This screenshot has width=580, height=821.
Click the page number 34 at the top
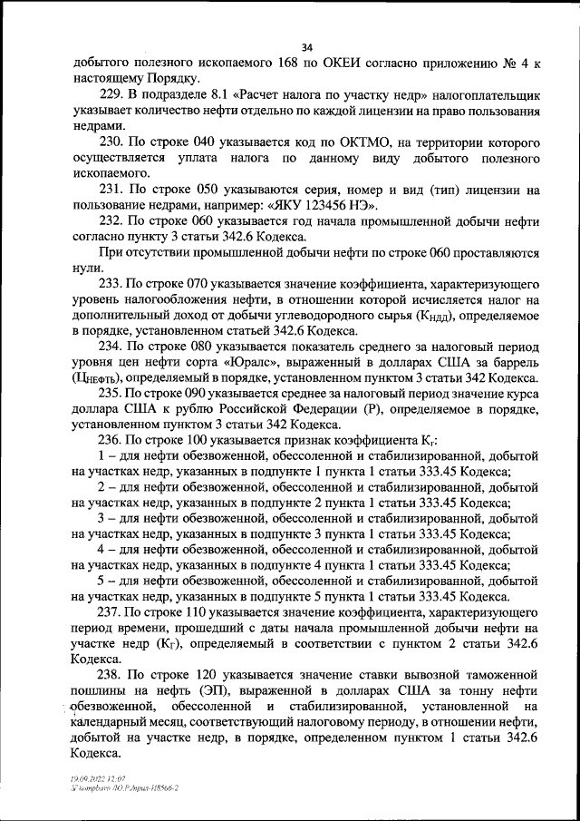click(306, 47)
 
